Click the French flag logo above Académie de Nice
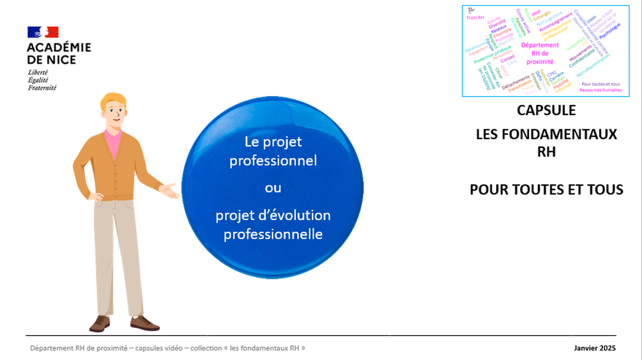tap(43, 32)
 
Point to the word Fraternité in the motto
tap(42, 88)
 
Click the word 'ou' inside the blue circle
tap(273, 188)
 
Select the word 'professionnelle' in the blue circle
tap(273, 233)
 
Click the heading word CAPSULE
tap(546, 110)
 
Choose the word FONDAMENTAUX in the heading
tap(567, 134)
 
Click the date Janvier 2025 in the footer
tap(594, 348)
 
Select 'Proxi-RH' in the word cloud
tap(475, 17)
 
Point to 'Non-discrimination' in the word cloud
tap(593, 65)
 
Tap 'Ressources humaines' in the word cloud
tap(600, 90)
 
